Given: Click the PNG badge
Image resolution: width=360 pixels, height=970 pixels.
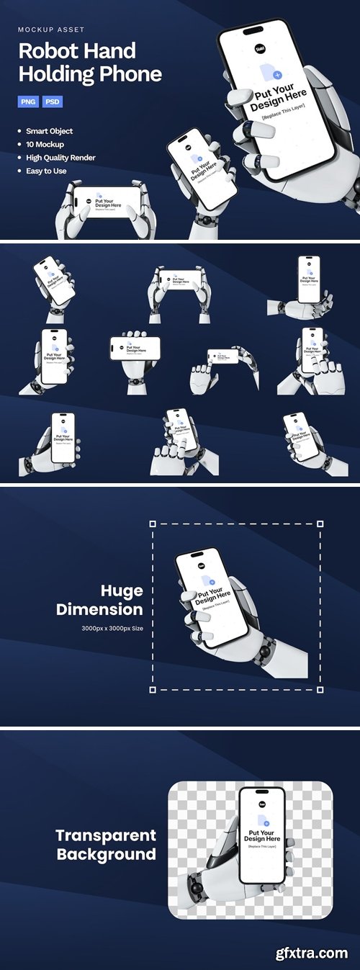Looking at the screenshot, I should point(28,102).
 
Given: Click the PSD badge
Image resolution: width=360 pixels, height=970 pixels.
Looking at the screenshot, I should point(53,102).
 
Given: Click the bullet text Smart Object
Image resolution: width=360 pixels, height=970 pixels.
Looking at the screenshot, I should point(49,132).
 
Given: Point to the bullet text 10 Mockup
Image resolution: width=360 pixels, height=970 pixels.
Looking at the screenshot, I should point(45,145).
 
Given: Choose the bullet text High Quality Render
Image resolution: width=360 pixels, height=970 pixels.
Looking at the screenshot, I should point(60,158).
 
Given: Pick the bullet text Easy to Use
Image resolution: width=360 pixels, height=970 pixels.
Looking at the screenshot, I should point(46,171).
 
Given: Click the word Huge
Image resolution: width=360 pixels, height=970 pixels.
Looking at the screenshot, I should point(122,591).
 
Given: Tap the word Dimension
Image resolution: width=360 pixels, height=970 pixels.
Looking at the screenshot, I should point(99,609).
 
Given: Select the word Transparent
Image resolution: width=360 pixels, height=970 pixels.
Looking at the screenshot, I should point(106,836).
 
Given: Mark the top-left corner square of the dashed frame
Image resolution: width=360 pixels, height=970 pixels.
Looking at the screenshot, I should point(153,524).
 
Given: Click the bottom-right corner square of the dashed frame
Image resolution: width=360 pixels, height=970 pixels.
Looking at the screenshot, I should point(320,689).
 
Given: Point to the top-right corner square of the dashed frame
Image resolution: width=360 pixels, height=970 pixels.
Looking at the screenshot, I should point(320,524).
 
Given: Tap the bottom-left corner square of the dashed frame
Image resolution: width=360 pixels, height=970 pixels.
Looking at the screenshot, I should point(153,689).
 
